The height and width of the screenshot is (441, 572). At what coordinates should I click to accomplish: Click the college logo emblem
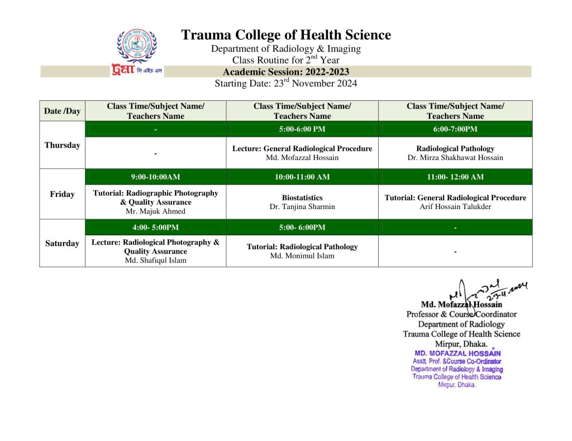click(x=136, y=46)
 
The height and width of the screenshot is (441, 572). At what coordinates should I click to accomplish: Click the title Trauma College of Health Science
click(x=285, y=35)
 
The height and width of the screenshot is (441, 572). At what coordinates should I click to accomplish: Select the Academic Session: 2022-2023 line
click(x=285, y=72)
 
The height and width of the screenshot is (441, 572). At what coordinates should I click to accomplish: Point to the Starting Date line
click(x=285, y=84)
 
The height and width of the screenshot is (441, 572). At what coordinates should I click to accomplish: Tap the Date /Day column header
click(x=62, y=111)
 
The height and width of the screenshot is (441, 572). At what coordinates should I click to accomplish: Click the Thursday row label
click(x=62, y=145)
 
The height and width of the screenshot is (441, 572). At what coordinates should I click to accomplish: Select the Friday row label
click(x=62, y=194)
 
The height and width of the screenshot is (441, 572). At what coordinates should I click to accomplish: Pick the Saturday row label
click(x=62, y=243)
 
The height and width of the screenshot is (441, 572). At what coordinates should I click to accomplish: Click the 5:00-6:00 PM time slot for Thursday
click(x=302, y=129)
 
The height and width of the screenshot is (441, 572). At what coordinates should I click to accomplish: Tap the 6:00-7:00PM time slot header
click(x=455, y=129)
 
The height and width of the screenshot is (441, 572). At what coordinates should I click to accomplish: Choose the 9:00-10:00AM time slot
click(x=155, y=177)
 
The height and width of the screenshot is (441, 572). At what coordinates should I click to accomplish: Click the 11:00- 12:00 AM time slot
click(x=455, y=177)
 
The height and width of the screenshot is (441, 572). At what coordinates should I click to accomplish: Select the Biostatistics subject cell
click(x=302, y=197)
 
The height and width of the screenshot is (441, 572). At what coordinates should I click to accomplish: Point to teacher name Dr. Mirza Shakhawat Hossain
click(x=455, y=158)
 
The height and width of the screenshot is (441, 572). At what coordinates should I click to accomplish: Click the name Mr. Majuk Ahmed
click(x=155, y=211)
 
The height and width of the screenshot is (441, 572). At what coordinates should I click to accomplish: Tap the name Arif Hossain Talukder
click(x=455, y=206)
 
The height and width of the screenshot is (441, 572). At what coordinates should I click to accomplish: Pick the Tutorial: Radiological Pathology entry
click(x=302, y=246)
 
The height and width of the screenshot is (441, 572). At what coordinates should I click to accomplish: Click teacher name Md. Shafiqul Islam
click(x=155, y=260)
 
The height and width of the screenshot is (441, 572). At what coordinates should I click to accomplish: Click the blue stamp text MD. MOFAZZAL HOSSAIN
click(x=457, y=353)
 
